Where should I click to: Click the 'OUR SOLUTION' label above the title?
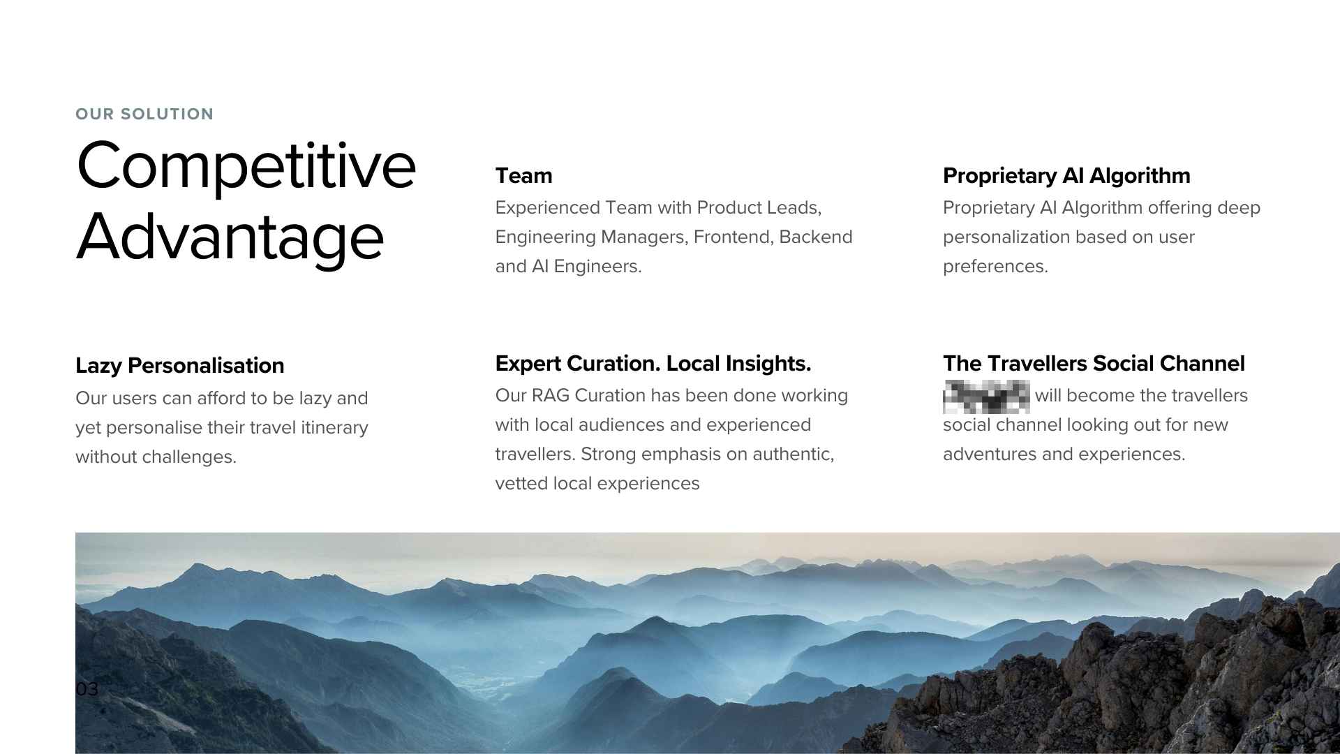[x=144, y=114]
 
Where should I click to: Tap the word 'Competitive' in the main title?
[x=246, y=166]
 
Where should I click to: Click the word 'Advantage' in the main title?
[x=230, y=237]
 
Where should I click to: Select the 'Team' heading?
[x=523, y=175]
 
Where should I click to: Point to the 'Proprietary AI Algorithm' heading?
[x=1066, y=175]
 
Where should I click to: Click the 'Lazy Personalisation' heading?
[x=179, y=365]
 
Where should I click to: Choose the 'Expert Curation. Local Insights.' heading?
[x=653, y=363]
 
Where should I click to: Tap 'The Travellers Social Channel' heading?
[x=1093, y=363]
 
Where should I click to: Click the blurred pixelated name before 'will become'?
[x=985, y=396]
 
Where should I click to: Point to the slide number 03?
[x=87, y=689]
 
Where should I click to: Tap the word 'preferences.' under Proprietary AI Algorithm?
[x=995, y=266]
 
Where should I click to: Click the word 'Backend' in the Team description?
[x=815, y=237]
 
